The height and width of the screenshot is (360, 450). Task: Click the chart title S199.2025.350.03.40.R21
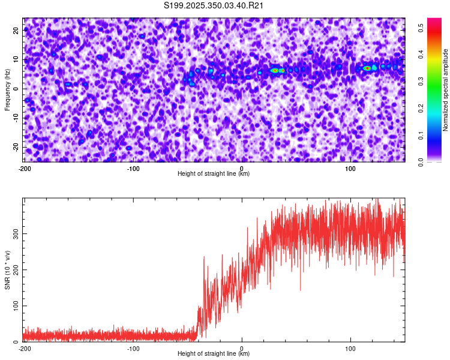(214, 5)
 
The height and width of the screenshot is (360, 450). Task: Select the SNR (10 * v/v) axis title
(7, 269)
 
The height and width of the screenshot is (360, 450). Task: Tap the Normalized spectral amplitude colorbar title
(446, 90)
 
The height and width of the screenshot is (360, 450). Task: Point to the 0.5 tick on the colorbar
(422, 26)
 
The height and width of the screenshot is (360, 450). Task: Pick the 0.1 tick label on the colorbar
(422, 135)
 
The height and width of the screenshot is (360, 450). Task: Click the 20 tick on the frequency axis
(17, 30)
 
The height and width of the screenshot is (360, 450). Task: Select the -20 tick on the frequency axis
(16, 147)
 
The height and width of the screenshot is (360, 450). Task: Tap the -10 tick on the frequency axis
(16, 118)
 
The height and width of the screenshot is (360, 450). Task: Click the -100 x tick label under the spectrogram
(133, 169)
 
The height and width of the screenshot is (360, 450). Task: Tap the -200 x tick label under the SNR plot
(25, 349)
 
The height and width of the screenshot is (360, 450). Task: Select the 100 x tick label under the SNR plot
(350, 349)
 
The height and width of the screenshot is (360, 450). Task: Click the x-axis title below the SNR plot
(214, 354)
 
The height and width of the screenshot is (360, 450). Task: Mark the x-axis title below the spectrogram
(214, 174)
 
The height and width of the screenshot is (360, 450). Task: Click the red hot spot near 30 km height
(274, 70)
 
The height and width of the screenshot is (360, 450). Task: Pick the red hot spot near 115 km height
(367, 68)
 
